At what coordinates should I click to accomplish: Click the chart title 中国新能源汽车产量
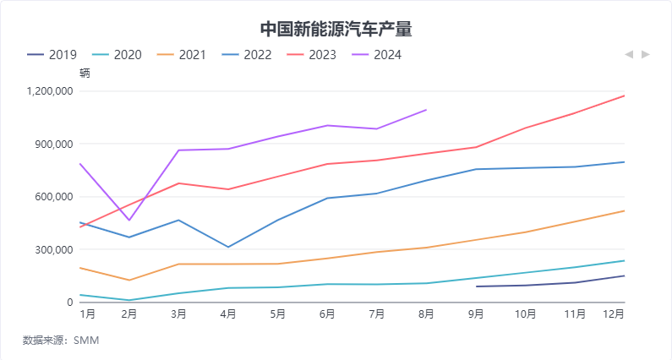coord(336,30)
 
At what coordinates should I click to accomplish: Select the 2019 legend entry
coord(52,55)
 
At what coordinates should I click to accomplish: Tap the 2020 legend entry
coord(117,55)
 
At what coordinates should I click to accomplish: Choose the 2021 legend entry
coord(182,55)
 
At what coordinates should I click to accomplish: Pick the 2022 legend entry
coord(247,55)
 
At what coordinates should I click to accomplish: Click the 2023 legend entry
coord(312,55)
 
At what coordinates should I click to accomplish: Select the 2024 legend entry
coord(377,55)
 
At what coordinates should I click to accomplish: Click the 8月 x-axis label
coord(426,314)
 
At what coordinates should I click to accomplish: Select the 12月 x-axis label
coord(614,314)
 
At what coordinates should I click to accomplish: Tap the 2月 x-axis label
coord(129,314)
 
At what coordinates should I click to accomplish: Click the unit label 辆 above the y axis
coord(85,73)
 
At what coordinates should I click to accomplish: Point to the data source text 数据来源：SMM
coord(61,341)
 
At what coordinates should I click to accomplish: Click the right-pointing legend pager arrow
coord(646,55)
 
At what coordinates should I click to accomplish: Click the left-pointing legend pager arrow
coord(628,55)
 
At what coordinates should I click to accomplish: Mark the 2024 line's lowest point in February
coord(129,221)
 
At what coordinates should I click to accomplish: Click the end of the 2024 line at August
coord(426,110)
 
